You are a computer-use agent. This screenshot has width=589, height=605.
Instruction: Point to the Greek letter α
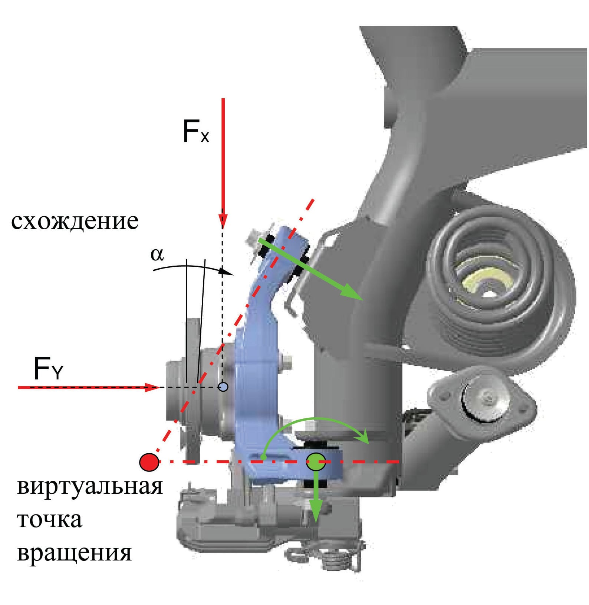157,254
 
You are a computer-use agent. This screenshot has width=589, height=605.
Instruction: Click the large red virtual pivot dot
149,462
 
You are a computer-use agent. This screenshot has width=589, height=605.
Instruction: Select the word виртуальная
90,486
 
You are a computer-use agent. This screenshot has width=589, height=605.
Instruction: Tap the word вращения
74,553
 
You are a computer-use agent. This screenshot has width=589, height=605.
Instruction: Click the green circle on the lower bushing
316,462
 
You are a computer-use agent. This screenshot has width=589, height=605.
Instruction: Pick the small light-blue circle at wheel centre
223,387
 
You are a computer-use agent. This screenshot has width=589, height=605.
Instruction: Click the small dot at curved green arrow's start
263,457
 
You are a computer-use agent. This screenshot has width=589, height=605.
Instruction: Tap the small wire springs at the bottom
326,556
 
